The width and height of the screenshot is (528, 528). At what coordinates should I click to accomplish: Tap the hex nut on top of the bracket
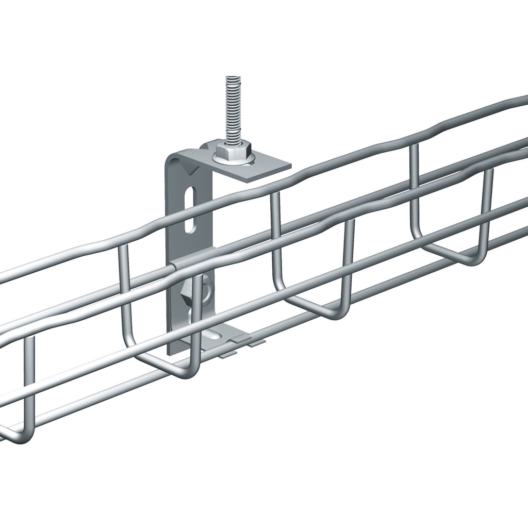(x=233, y=151)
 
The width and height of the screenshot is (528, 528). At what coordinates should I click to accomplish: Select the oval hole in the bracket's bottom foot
(x=219, y=335)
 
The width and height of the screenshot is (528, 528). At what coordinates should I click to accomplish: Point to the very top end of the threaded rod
(x=233, y=78)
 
